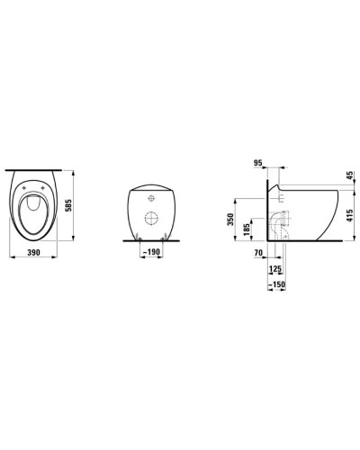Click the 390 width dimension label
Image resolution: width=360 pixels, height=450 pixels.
pos(33,253)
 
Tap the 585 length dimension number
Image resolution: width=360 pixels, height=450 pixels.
pos(68,205)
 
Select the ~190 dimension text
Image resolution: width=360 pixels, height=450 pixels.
pos(151,252)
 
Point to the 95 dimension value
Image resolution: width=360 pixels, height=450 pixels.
pos(258,163)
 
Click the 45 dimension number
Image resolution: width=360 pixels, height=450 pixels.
pos(350,175)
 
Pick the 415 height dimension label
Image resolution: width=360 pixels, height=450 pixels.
pos(350,216)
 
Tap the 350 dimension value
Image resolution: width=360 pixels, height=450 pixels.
pos(230,220)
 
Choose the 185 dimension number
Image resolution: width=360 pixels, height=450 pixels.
pos(247,229)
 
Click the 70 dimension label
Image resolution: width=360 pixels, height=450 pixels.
pos(258,253)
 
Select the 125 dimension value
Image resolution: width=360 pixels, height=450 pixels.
pos(275,268)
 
